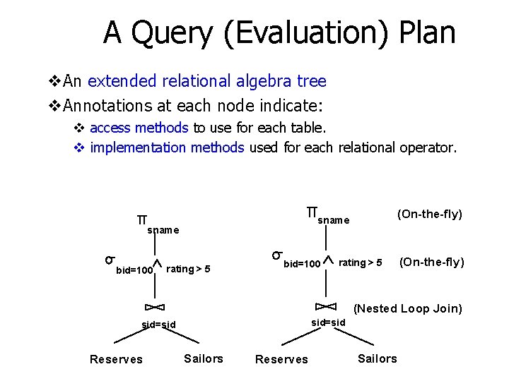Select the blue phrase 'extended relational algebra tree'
tap(207, 81)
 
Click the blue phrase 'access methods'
tap(139, 128)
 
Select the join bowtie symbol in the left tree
tap(154, 306)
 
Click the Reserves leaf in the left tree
tap(116, 359)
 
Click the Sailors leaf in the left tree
tap(203, 358)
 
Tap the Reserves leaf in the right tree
tap(281, 359)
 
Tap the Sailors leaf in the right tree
tap(377, 358)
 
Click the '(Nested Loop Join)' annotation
tap(408, 308)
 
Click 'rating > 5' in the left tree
tap(188, 268)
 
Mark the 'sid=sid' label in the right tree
tap(329, 322)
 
